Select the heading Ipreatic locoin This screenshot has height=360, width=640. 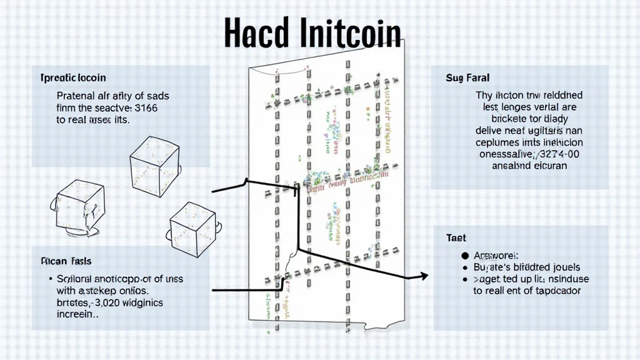(x=72, y=78)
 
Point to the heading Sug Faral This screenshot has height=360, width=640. (x=467, y=78)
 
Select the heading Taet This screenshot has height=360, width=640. (x=456, y=238)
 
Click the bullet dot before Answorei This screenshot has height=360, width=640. (x=464, y=256)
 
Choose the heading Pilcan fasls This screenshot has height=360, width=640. (x=66, y=261)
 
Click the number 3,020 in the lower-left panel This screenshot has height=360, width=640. (x=109, y=302)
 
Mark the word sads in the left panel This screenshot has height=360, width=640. (x=156, y=96)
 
